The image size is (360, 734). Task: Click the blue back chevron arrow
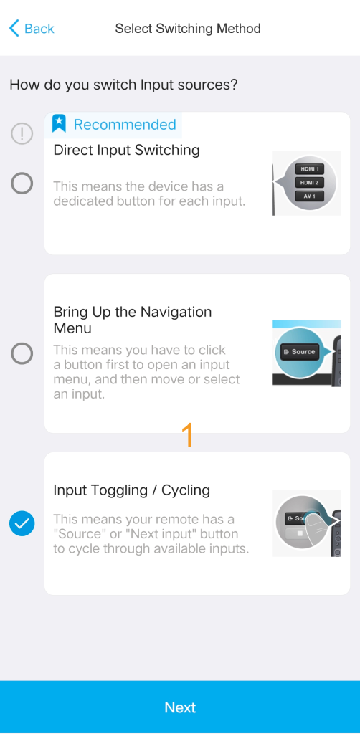click(x=14, y=29)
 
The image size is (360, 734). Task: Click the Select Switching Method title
click(x=188, y=29)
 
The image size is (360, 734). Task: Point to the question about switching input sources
click(x=123, y=85)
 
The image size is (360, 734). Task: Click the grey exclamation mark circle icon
click(x=22, y=134)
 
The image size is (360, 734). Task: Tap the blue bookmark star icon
click(x=59, y=123)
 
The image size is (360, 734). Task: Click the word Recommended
click(x=125, y=125)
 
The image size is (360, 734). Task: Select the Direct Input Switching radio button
click(x=22, y=183)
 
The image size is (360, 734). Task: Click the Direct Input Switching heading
click(x=126, y=151)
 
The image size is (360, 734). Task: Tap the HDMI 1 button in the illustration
click(x=309, y=169)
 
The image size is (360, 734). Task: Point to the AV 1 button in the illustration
click(x=309, y=196)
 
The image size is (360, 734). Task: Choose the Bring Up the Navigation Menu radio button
click(x=22, y=353)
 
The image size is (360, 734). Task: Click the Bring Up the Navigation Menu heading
click(x=133, y=320)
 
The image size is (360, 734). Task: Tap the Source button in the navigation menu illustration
click(x=299, y=351)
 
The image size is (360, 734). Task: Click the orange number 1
click(x=187, y=435)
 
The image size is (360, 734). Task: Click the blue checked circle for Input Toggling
click(x=22, y=523)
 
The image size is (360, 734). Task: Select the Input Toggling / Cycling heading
click(x=131, y=490)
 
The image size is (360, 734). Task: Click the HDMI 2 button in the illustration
click(x=309, y=183)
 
